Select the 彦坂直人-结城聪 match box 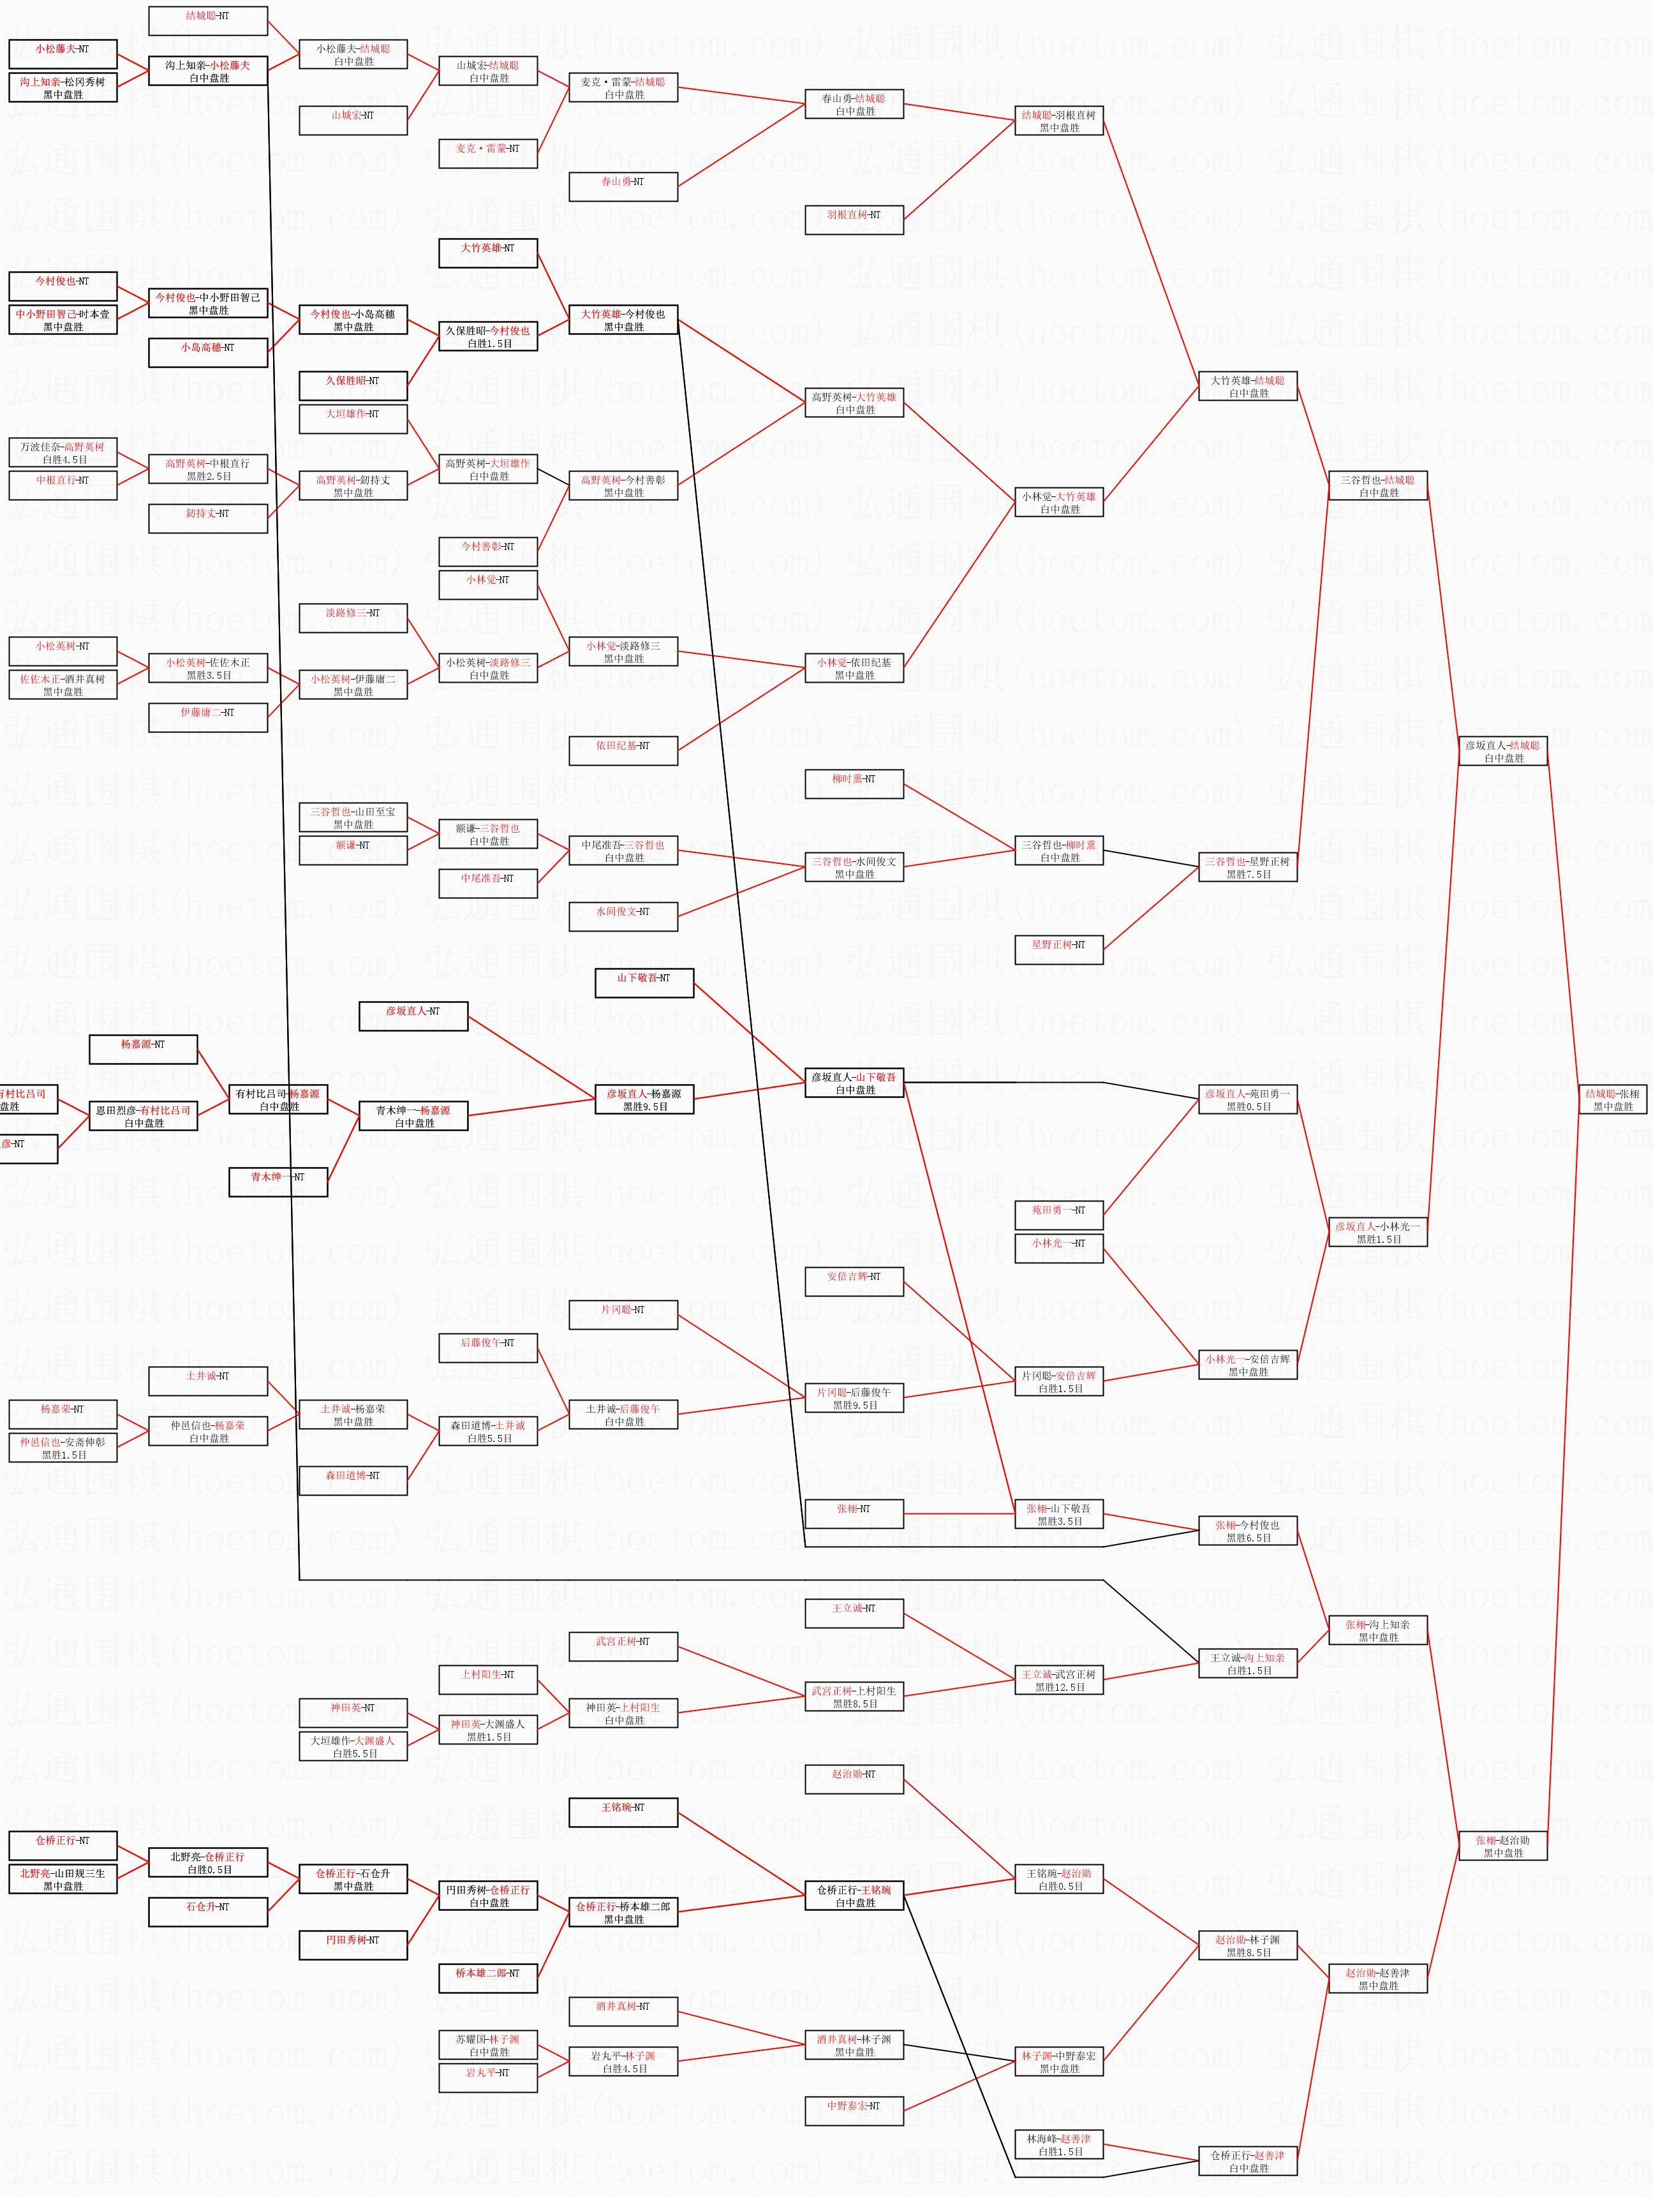1503,751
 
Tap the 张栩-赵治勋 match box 1503,1846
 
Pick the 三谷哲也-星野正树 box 1248,868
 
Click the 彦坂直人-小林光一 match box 1378,1232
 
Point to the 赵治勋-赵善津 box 1378,1979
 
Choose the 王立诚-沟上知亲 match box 1248,1663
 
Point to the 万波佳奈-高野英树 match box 63,453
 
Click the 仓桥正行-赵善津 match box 1248,2161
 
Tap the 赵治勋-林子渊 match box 1248,1945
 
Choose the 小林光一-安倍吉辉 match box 1248,1364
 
